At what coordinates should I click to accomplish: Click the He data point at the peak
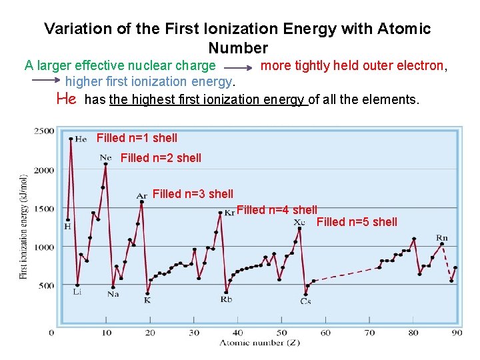(x=71, y=139)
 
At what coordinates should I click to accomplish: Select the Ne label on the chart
(x=105, y=157)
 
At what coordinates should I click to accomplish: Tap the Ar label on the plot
(x=141, y=196)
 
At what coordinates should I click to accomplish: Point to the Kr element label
(x=230, y=213)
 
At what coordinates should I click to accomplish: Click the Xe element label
(x=299, y=221)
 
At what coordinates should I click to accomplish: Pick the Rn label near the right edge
(x=441, y=238)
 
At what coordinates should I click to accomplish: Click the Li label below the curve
(x=77, y=291)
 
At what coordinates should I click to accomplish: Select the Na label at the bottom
(x=113, y=294)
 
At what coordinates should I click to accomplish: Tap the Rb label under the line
(x=226, y=299)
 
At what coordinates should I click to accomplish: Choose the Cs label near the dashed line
(x=305, y=301)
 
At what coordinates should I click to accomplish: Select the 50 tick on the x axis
(x=282, y=333)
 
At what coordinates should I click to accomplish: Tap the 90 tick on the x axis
(x=457, y=333)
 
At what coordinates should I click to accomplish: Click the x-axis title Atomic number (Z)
(x=259, y=343)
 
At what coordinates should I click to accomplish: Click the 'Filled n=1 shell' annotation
(x=137, y=138)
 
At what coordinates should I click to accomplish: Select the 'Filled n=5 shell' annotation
(x=357, y=222)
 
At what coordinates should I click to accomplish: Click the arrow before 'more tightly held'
(x=237, y=67)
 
